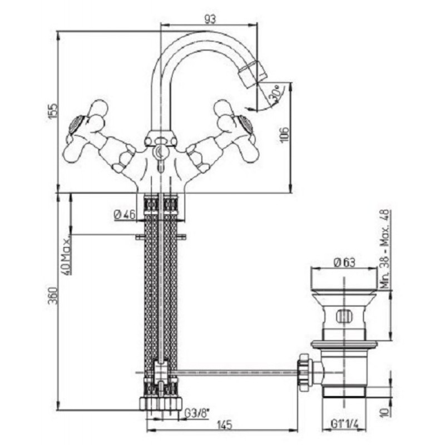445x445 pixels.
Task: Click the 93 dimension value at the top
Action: coord(210,19)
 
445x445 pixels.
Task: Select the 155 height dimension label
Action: coord(53,112)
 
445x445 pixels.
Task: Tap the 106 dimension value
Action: coord(285,134)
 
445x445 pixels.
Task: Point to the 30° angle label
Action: coord(274,93)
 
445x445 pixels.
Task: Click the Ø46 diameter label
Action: coord(125,215)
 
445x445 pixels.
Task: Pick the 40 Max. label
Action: coord(66,255)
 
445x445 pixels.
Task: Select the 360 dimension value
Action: coord(53,295)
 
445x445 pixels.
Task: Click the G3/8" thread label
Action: coord(196,413)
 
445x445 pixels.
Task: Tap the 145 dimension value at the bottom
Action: coord(225,426)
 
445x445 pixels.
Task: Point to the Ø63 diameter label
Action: coord(344,263)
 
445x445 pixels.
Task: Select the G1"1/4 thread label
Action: coord(344,424)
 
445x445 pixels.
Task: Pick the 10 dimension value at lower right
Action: coord(385,412)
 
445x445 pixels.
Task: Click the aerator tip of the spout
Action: coord(253,71)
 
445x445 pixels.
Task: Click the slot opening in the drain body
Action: coord(344,317)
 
